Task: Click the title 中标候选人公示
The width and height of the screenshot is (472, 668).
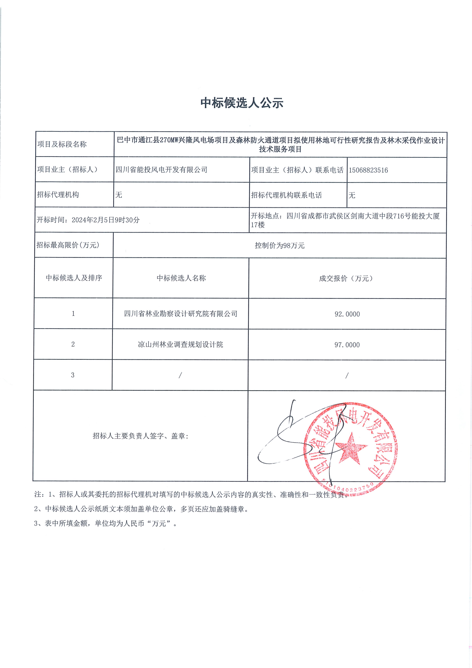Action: coord(242,103)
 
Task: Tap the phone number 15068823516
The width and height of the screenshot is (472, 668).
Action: coord(368,170)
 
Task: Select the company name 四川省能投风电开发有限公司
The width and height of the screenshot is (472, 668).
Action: coord(161,170)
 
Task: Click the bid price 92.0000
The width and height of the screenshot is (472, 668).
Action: coord(347,314)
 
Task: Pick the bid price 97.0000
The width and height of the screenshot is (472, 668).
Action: coord(347,345)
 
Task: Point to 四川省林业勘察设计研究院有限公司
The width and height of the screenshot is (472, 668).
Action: coord(180,314)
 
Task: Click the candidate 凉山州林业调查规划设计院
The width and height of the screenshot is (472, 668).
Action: coord(180,345)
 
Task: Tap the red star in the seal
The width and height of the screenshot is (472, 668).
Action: coord(351,449)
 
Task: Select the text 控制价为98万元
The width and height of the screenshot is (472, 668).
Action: coord(280,245)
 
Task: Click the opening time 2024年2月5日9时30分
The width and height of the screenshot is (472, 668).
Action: coord(106,220)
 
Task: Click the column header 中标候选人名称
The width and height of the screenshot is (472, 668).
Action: coord(181,278)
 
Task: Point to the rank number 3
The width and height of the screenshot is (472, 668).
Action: coord(73,375)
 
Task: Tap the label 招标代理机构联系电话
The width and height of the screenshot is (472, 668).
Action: coord(286,195)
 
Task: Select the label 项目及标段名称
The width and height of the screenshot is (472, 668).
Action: coord(62,144)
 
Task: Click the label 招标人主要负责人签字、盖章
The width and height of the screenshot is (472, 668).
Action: coord(140,436)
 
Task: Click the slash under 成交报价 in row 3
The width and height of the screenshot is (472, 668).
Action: coord(347,376)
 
